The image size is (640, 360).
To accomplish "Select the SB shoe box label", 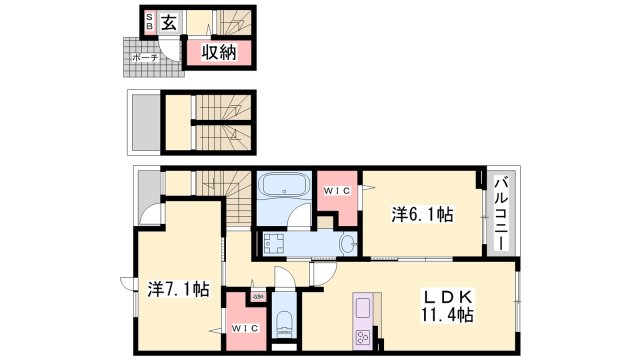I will (150, 21).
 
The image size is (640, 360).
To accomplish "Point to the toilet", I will (283, 322).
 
